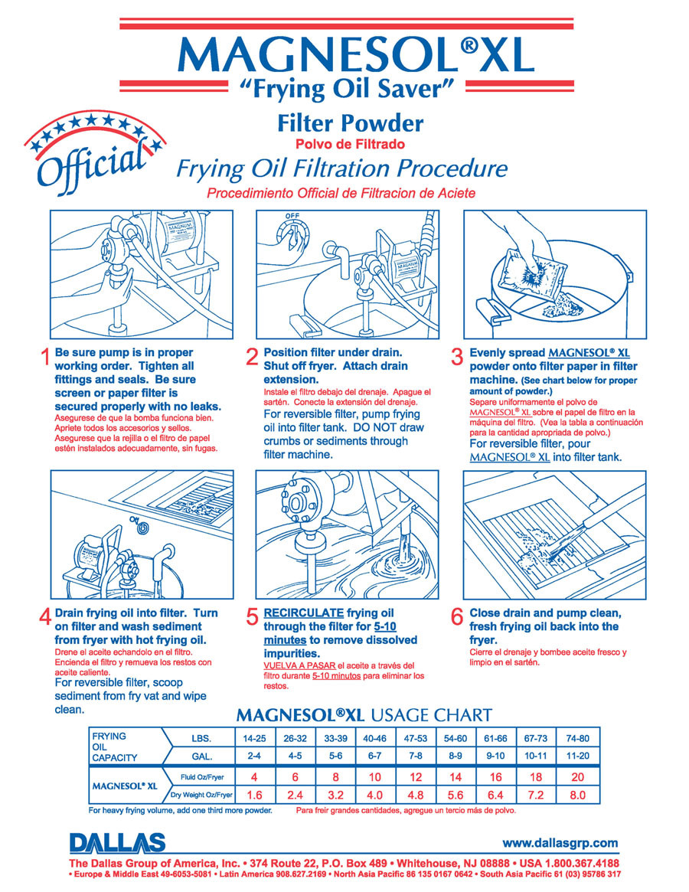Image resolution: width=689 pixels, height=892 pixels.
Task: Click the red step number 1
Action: pos(45,358)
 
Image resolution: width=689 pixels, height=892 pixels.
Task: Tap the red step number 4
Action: pos(45,618)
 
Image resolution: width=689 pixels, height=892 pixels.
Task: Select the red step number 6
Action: pos(457,618)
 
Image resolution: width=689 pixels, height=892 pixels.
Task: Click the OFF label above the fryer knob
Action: pos(292,216)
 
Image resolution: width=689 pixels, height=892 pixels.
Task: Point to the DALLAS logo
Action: pos(117,842)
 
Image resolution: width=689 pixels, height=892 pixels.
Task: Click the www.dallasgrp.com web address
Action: pos(560,842)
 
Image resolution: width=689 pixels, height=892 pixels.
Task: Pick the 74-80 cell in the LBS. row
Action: pos(577,738)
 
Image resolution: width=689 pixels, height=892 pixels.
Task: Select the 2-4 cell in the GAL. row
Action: pos(253,756)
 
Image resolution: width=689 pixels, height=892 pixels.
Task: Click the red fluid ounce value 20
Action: pos(577,777)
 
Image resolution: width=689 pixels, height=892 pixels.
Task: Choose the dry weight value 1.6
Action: pos(253,796)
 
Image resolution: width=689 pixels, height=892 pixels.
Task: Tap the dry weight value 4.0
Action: pos(374,796)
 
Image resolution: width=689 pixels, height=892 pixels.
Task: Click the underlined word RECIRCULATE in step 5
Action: pos(303,613)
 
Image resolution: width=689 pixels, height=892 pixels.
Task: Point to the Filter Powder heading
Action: pos(350,123)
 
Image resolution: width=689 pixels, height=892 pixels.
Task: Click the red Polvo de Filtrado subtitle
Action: pos(350,145)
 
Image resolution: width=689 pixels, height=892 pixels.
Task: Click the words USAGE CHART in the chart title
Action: pos(431,715)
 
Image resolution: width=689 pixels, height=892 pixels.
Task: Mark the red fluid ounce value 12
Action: pos(416,777)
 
